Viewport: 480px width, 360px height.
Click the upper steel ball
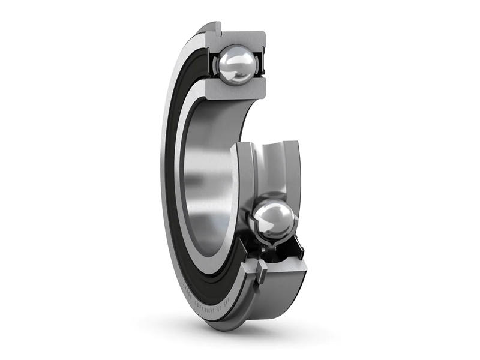tap(238, 65)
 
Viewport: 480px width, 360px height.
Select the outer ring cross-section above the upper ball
tap(240, 37)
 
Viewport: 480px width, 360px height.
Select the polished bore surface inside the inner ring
tap(207, 180)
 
